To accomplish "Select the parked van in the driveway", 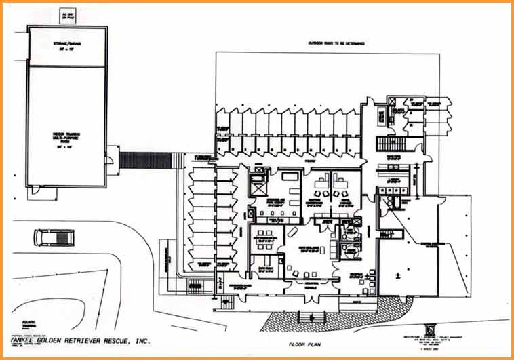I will coord(54,237).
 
